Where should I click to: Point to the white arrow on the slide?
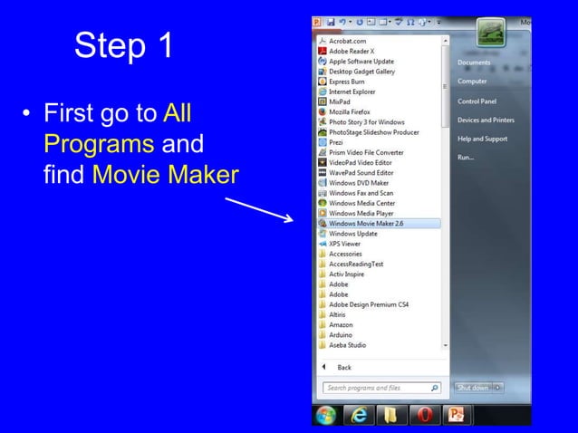click(257, 206)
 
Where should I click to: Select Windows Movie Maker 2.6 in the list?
click(365, 223)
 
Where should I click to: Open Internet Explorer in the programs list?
click(352, 91)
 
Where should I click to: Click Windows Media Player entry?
click(361, 213)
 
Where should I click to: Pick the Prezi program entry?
click(336, 142)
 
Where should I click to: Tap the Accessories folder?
click(345, 254)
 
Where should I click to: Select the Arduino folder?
click(341, 334)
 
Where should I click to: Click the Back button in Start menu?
click(343, 368)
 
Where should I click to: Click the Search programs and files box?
click(376, 388)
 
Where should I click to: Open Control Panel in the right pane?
click(477, 101)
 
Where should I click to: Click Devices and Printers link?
click(486, 120)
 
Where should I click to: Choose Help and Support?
click(482, 139)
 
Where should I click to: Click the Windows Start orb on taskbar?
click(325, 415)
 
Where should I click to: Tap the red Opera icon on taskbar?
click(423, 415)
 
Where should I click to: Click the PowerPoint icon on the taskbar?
click(456, 415)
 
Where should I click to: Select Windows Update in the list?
click(352, 233)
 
